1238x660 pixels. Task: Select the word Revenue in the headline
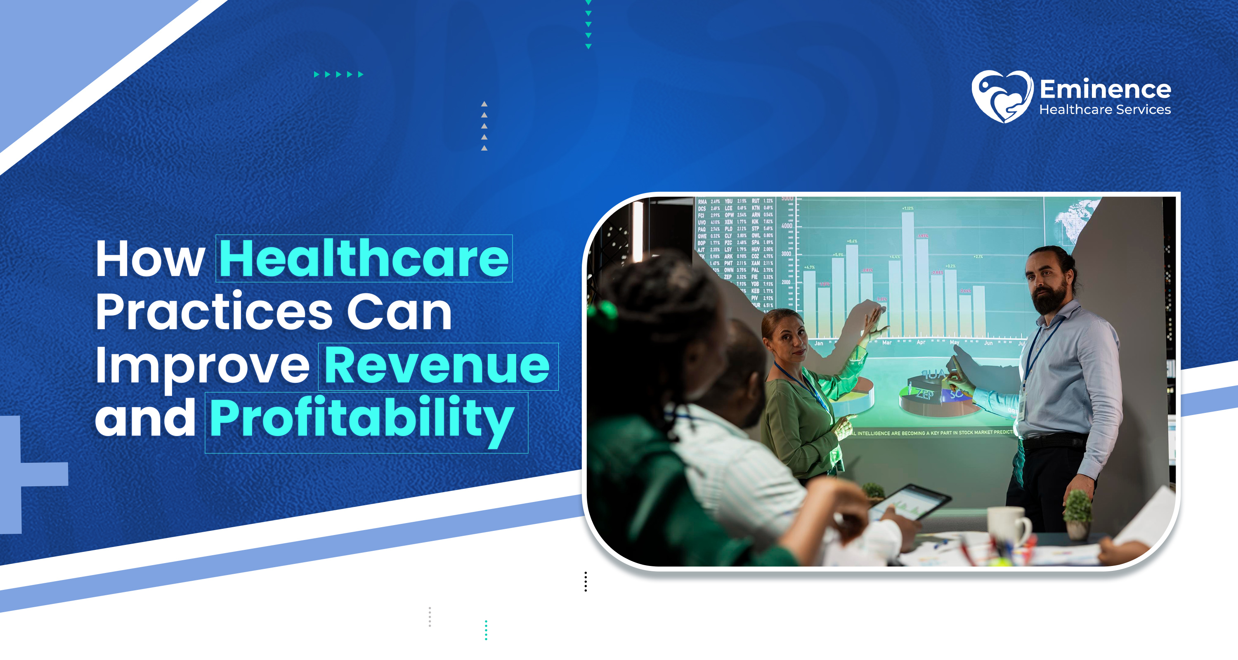(x=437, y=365)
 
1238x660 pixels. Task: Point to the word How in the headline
(x=150, y=259)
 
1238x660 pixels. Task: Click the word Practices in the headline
(x=214, y=312)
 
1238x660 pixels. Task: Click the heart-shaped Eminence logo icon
(x=1002, y=96)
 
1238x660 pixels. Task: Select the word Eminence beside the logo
(x=1106, y=90)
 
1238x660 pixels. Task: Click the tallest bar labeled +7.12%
(x=907, y=274)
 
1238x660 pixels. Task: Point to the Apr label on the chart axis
(x=921, y=342)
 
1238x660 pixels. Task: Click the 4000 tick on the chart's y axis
(x=787, y=226)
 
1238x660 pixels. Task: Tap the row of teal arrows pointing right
(x=338, y=74)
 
